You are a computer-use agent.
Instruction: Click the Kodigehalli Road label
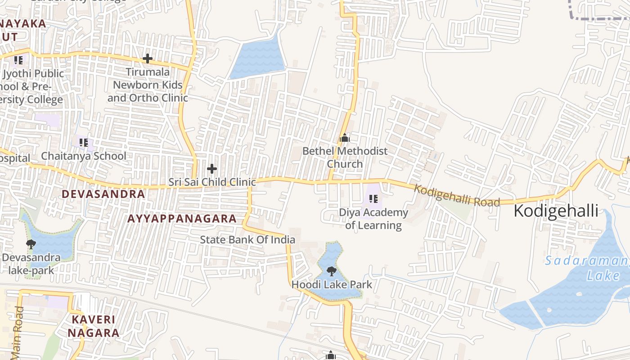click(457, 196)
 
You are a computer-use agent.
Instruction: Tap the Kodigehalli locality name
click(556, 211)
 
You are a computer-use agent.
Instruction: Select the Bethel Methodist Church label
click(345, 157)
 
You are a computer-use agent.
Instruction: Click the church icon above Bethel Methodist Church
click(345, 138)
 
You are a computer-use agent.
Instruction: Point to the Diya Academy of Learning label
click(373, 219)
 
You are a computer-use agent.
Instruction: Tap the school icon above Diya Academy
click(373, 198)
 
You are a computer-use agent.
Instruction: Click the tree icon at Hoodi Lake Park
click(332, 271)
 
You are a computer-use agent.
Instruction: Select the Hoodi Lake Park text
click(332, 284)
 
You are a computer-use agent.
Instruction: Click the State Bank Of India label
click(247, 239)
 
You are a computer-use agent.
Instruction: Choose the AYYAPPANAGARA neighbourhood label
click(182, 219)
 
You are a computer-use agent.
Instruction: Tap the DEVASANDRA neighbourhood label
click(103, 194)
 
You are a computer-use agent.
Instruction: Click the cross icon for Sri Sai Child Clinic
click(212, 169)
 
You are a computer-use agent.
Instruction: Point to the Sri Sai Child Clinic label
click(212, 182)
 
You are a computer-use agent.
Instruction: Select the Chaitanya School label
click(84, 156)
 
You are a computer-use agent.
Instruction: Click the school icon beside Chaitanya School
click(83, 143)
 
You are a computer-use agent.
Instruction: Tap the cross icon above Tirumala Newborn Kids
click(148, 58)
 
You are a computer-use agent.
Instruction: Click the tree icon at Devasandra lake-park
click(31, 244)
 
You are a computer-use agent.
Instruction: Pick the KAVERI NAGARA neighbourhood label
click(94, 326)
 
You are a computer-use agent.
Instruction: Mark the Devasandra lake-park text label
click(31, 264)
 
